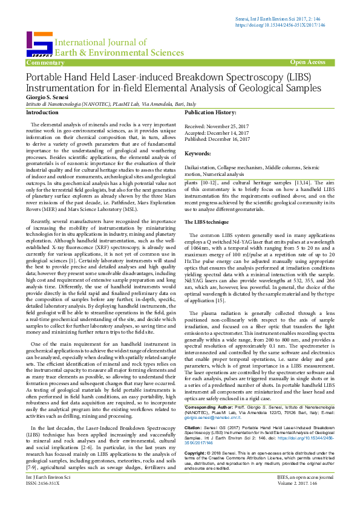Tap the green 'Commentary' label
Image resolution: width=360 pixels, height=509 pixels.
click(45, 62)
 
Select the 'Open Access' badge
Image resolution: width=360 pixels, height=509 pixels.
click(307, 62)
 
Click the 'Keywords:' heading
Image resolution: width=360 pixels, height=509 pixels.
click(197, 154)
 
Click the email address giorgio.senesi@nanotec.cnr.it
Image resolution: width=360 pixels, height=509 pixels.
click(208, 400)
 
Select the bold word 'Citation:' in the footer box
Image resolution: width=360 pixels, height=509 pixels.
click(194, 410)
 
